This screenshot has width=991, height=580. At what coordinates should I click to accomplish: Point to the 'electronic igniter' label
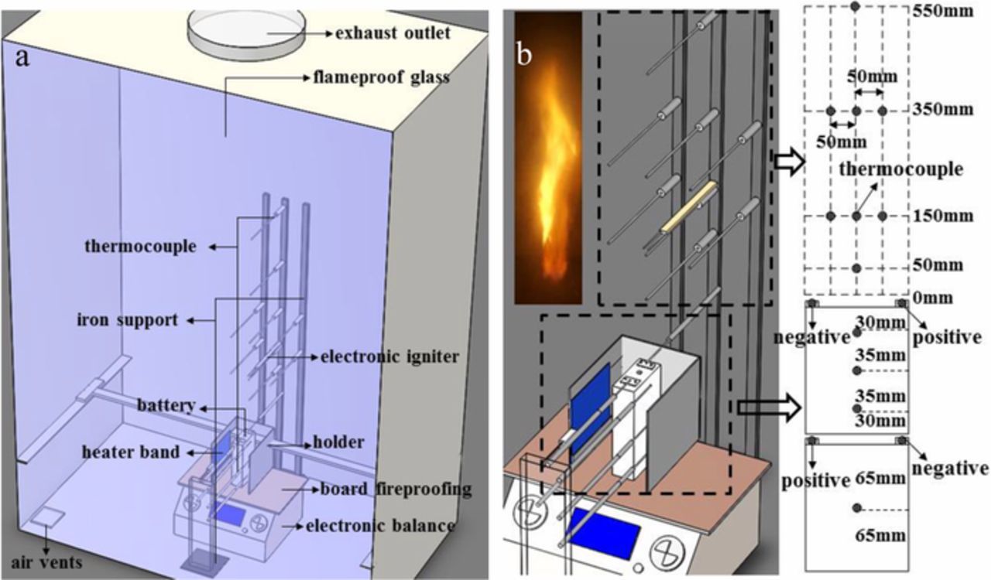pyautogui.click(x=379, y=357)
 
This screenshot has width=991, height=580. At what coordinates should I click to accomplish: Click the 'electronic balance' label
pyautogui.click(x=380, y=527)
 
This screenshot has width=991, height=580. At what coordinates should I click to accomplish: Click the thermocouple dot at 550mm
pyautogui.click(x=856, y=6)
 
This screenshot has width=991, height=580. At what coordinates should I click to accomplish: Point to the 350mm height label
pyautogui.click(x=942, y=109)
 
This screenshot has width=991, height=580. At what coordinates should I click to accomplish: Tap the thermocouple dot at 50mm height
pyautogui.click(x=856, y=268)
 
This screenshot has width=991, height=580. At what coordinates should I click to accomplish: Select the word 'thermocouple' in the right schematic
pyautogui.click(x=901, y=169)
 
